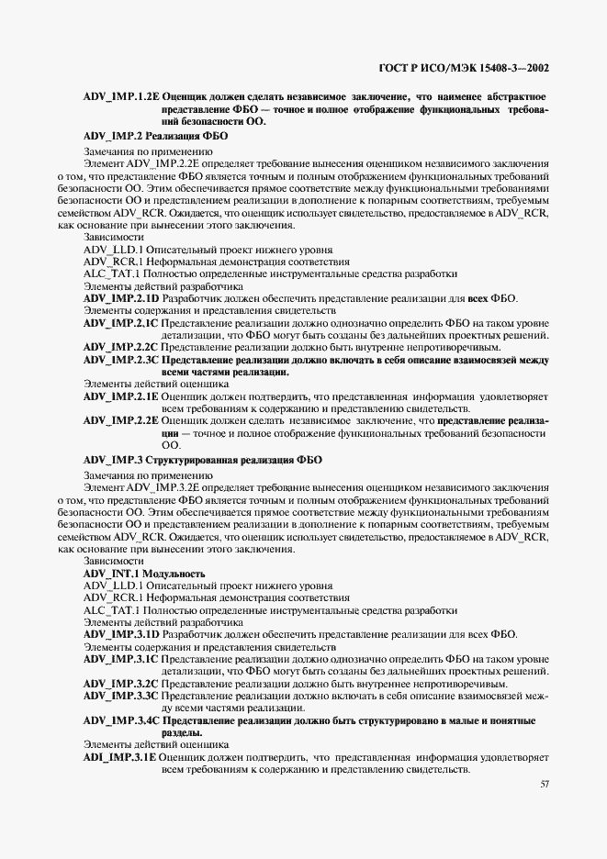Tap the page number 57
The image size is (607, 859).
[x=544, y=784]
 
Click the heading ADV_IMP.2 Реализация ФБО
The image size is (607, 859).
[x=155, y=135]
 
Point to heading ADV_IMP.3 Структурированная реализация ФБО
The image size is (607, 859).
[x=202, y=459]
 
